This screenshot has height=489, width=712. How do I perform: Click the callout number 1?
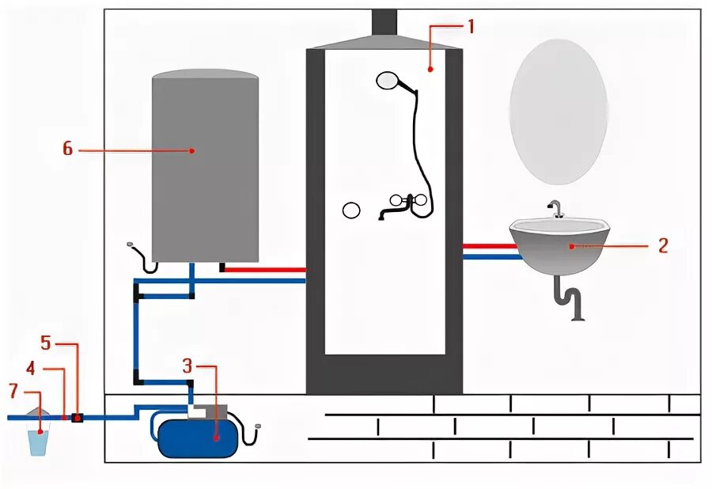click(470, 26)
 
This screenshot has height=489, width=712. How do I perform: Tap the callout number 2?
click(663, 245)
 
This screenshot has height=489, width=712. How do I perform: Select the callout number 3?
click(187, 366)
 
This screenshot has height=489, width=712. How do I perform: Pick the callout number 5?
click(46, 343)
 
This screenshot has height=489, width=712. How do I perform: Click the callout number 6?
click(67, 149)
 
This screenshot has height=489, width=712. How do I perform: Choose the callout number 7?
click(13, 390)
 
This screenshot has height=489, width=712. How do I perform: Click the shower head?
click(388, 80)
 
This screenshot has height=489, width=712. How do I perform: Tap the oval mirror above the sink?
click(559, 108)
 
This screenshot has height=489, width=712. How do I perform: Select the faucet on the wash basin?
click(555, 209)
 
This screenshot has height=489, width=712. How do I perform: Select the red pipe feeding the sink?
click(490, 246)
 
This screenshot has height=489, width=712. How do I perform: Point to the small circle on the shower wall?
click(351, 210)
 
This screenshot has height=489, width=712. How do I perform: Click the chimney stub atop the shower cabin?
click(384, 21)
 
